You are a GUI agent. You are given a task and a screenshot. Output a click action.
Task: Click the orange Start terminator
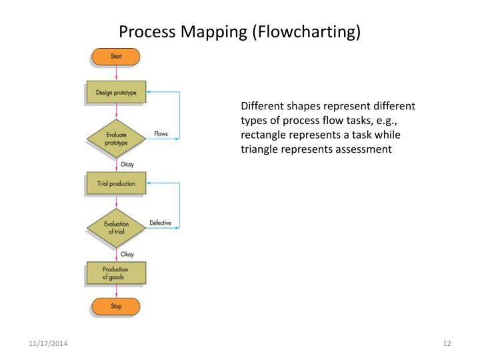point(116,57)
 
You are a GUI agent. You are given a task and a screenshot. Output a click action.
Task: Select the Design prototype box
point(116,93)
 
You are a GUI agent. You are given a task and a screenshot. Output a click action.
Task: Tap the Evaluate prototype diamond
point(116,138)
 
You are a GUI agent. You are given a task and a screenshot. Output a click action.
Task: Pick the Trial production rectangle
point(116,183)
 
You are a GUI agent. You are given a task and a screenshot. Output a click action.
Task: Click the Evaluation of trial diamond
point(116,227)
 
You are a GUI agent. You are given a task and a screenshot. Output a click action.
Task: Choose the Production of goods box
point(116,273)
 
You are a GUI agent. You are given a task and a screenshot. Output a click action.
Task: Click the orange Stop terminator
point(116,307)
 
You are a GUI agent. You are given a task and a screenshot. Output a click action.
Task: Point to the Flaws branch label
point(161,134)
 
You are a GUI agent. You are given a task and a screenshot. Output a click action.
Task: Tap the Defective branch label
point(161,223)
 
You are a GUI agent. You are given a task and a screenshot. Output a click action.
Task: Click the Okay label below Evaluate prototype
point(127,163)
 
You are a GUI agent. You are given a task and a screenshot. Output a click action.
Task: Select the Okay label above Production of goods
point(127,254)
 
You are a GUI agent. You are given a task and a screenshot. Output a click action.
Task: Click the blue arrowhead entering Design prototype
point(149,92)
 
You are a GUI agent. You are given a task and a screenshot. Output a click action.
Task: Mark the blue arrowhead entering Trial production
point(149,183)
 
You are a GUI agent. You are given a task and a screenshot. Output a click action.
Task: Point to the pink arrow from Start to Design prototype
point(116,73)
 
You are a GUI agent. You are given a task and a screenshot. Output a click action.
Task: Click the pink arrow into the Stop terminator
point(116,292)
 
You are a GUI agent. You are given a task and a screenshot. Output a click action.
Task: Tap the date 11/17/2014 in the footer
point(47,343)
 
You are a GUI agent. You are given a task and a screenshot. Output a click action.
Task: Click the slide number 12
point(447,343)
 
